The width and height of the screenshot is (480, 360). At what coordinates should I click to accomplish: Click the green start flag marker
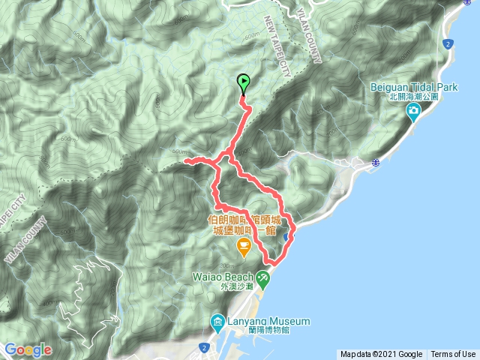click(244, 82)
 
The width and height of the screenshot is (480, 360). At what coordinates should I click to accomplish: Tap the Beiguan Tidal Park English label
click(413, 87)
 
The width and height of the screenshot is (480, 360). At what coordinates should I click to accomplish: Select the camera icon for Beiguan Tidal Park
click(413, 113)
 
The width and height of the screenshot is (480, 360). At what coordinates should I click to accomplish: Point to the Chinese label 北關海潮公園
click(413, 97)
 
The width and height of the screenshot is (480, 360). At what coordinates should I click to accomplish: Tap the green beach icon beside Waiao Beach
click(263, 279)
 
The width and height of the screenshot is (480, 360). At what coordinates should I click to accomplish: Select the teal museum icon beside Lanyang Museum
click(217, 322)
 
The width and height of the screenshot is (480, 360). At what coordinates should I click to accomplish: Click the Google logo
click(28, 349)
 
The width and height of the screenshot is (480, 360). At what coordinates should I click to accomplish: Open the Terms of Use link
click(452, 354)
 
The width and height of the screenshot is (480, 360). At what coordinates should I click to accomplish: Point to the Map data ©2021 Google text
click(382, 354)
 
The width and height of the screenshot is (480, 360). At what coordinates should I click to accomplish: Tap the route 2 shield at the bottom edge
click(204, 346)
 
